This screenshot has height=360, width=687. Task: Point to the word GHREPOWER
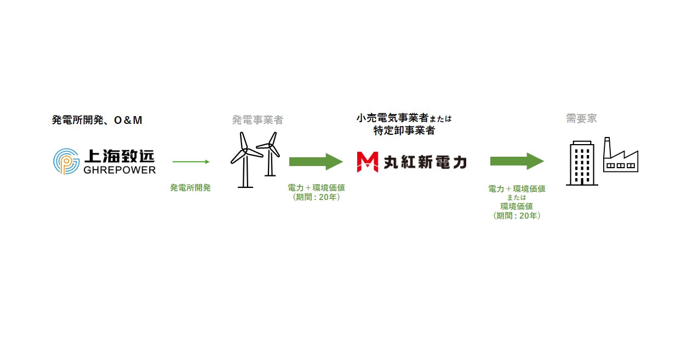tap(119, 170)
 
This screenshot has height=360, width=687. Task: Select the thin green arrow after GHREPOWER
tap(191, 162)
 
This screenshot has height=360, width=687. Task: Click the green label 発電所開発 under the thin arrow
tap(190, 187)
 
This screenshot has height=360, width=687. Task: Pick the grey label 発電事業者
tap(257, 120)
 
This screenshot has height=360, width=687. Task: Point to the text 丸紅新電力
tap(423, 162)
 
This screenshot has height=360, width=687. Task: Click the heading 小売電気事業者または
tap(404, 118)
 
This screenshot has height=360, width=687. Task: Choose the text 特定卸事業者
tap(404, 130)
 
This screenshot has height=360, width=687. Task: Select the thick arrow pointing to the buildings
tap(517, 162)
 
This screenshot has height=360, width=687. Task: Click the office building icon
tap(582, 163)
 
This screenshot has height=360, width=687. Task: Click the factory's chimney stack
tap(607, 147)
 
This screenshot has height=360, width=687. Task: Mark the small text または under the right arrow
tap(516, 198)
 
